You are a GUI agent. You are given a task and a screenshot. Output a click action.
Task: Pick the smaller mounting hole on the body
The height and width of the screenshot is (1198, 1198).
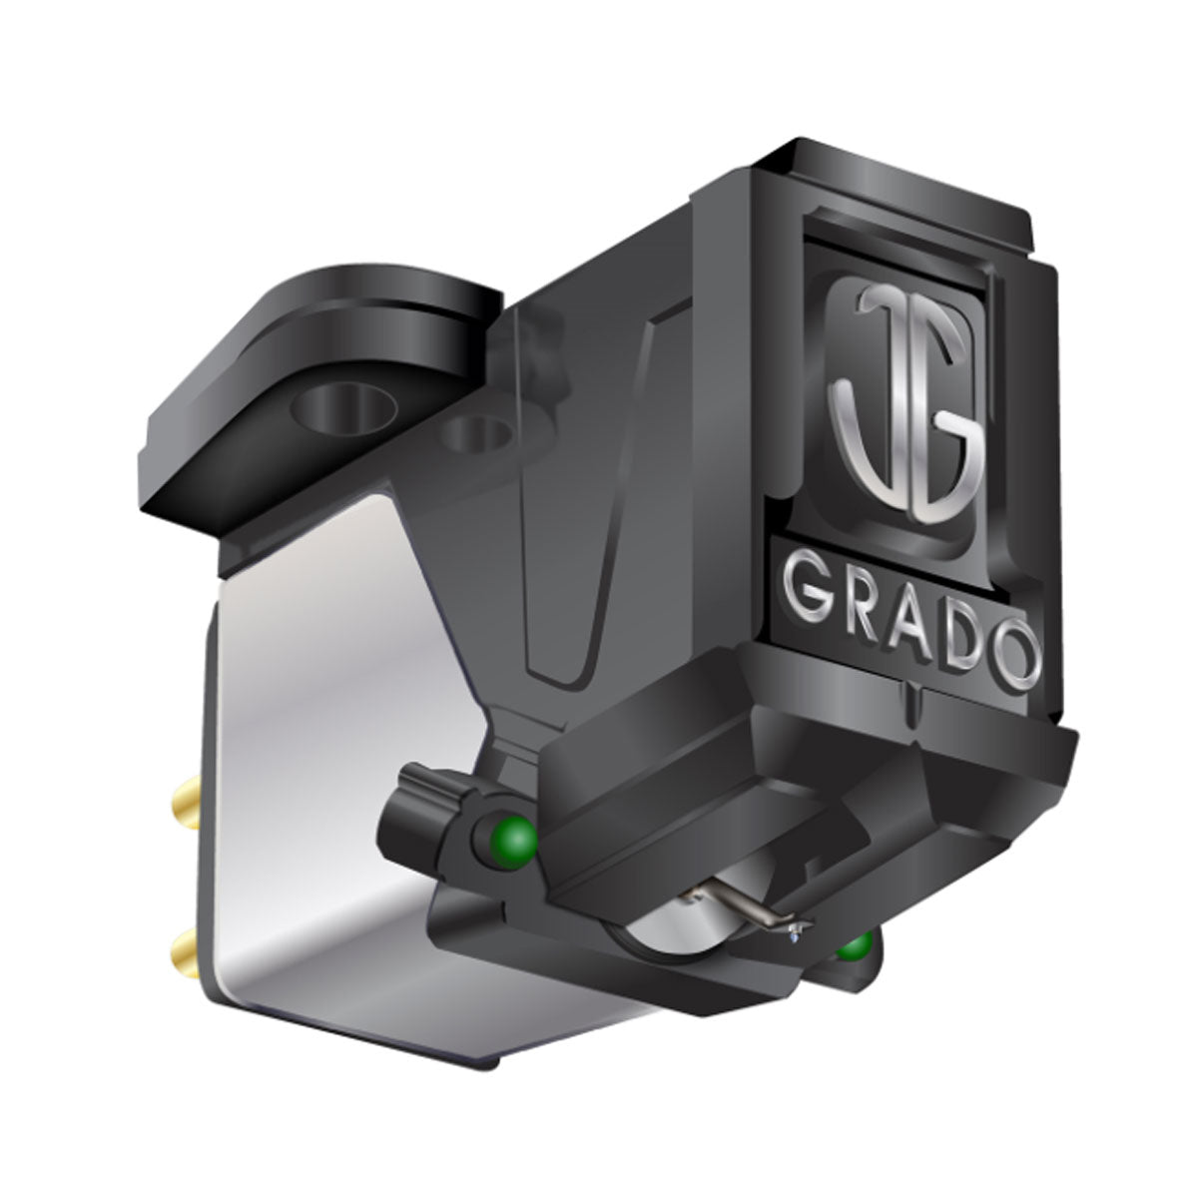click(x=476, y=435)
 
